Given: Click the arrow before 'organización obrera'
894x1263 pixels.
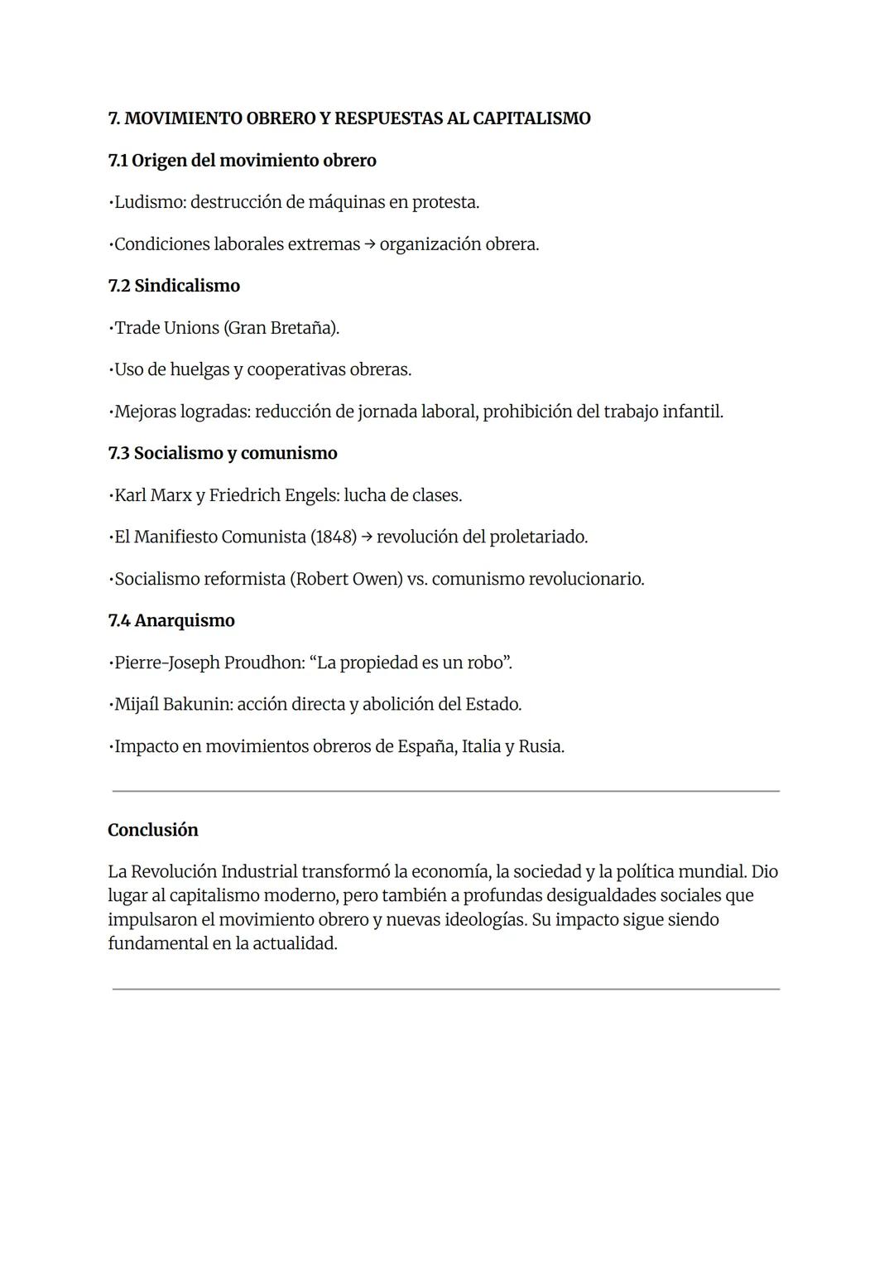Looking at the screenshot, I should pyautogui.click(x=369, y=244).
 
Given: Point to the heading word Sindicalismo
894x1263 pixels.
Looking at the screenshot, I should pyautogui.click(x=187, y=286).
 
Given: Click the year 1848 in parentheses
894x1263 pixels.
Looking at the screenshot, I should pyautogui.click(x=334, y=537).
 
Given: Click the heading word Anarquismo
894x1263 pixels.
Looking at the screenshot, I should pyautogui.click(x=185, y=620).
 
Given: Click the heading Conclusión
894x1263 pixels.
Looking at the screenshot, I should pyautogui.click(x=153, y=830).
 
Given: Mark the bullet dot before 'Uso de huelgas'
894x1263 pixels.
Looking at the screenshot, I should pyautogui.click(x=110, y=370).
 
